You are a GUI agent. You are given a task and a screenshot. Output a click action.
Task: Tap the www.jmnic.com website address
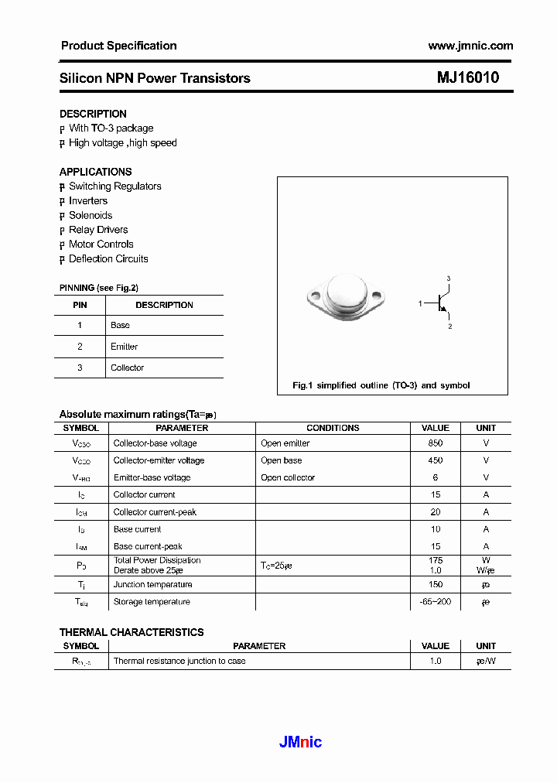(x=470, y=46)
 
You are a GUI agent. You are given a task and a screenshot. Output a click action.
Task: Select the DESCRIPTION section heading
(x=93, y=114)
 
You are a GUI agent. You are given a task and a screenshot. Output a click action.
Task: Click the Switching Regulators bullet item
(x=114, y=186)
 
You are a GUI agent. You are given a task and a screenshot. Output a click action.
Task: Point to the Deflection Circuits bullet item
(x=108, y=259)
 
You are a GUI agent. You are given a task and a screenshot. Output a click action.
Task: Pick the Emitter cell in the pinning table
(x=124, y=347)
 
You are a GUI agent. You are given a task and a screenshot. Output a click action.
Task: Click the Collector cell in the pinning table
(x=127, y=368)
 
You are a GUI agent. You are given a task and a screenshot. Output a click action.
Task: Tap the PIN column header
(x=80, y=305)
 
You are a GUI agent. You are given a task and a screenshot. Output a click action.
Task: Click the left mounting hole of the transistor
(x=314, y=296)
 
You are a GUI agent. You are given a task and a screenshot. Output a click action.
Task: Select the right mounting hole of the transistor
(x=378, y=296)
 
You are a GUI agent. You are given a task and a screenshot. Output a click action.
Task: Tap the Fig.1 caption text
(x=381, y=385)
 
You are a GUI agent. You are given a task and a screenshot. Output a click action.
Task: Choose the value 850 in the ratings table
(x=435, y=443)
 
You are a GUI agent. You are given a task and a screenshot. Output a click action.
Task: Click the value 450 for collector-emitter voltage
(x=435, y=460)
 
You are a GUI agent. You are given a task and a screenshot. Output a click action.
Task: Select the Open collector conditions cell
(x=288, y=477)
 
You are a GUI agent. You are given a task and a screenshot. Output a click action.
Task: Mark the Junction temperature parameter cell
(x=152, y=584)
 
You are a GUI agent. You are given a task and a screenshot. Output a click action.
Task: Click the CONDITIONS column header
(x=333, y=428)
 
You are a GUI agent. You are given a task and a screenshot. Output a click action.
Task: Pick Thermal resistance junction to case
(x=179, y=662)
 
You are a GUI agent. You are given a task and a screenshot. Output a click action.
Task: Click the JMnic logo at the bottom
(x=300, y=743)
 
